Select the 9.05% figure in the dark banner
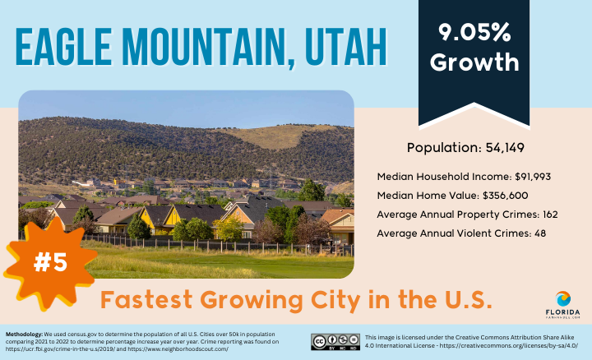pos(474,32)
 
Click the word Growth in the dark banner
pos(474,62)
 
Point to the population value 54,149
pos(505,148)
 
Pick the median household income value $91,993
pos(533,177)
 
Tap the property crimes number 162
pos(550,215)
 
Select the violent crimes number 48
pos(540,233)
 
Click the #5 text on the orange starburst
pos(50,262)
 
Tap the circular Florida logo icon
pos(563,299)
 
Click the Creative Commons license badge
pos(335,342)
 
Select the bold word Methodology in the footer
pos(24,335)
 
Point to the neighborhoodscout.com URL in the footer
pos(178,349)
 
